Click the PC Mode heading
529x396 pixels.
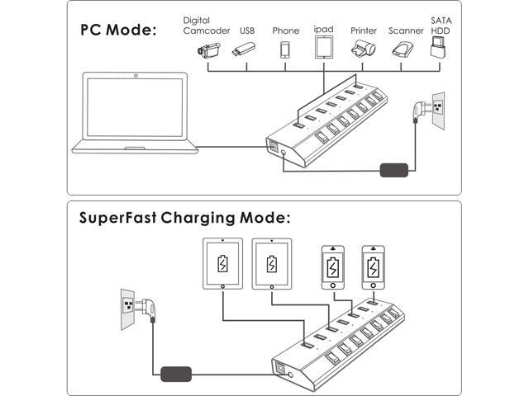(117, 31)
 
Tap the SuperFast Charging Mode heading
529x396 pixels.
(184, 219)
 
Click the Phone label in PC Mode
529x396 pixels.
(286, 31)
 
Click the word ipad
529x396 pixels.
(324, 28)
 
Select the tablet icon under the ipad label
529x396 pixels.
(324, 47)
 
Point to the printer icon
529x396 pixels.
(364, 50)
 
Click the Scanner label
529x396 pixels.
(406, 31)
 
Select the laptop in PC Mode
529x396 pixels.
(136, 114)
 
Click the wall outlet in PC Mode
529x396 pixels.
(438, 111)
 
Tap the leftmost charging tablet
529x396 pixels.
(222, 264)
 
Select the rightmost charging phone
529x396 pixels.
(374, 267)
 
